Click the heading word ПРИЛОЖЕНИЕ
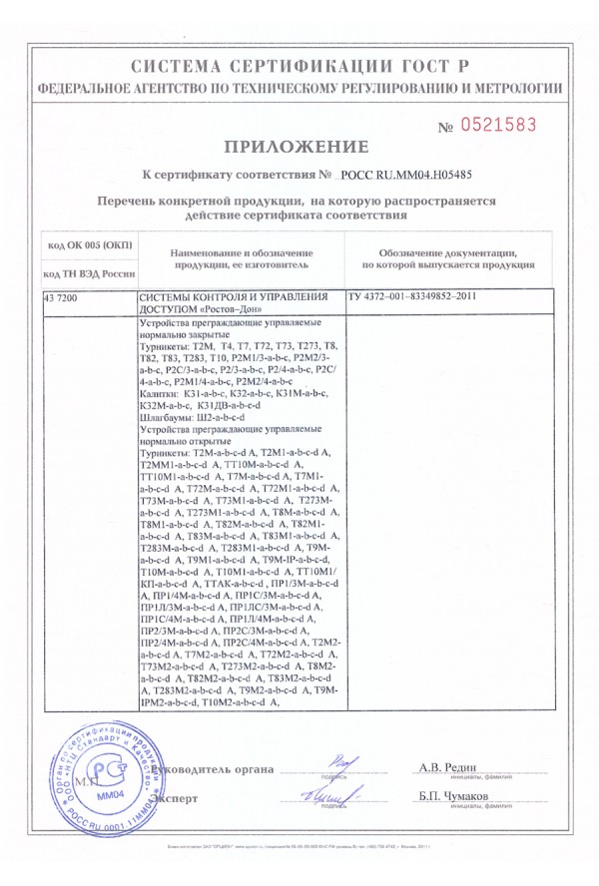pos(299,148)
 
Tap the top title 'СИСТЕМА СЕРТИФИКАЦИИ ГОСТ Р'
pos(299,67)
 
